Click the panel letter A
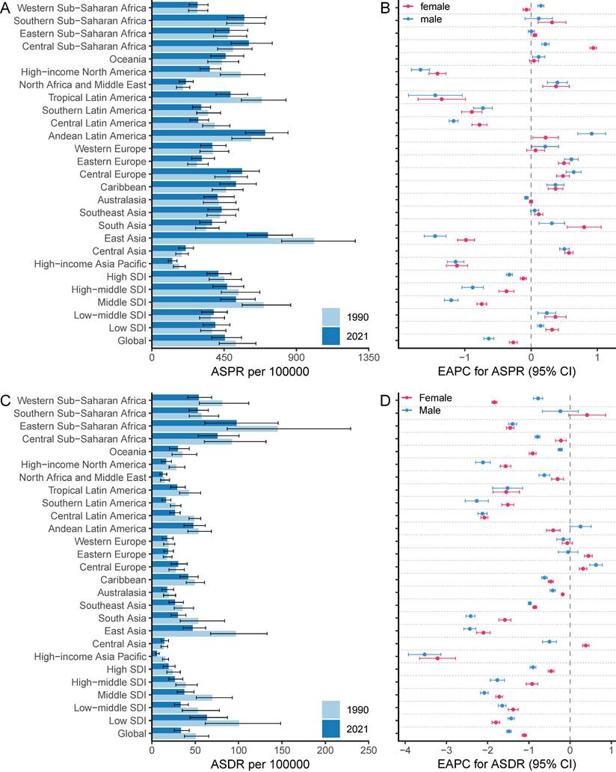coord(7,7)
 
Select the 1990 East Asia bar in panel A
coord(232,241)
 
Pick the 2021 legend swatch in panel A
coord(336,336)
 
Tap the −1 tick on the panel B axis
coord(465,358)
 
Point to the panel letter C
coord(7,401)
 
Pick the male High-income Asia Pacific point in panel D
coord(425,655)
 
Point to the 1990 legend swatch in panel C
coord(336,708)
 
